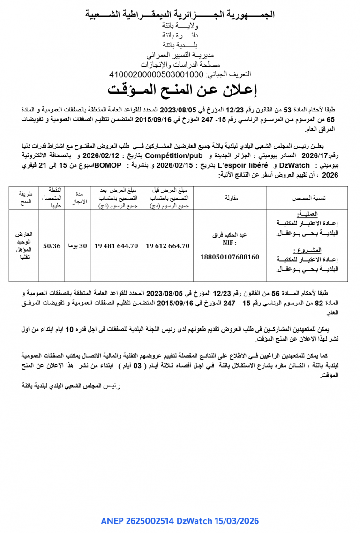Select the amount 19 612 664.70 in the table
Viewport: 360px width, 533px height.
pyautogui.click(x=167, y=245)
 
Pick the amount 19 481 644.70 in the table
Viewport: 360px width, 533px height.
pyautogui.click(x=116, y=245)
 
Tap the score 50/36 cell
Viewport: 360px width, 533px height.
pyautogui.click(x=52, y=245)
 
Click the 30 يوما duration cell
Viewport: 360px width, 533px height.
pyautogui.click(x=77, y=245)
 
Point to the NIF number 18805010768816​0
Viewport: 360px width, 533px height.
pyautogui.click(x=229, y=257)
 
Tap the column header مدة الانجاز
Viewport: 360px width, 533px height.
pyautogui.click(x=77, y=198)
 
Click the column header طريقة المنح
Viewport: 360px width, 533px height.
pyautogui.click(x=24, y=198)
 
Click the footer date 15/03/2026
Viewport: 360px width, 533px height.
pyautogui.click(x=237, y=521)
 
